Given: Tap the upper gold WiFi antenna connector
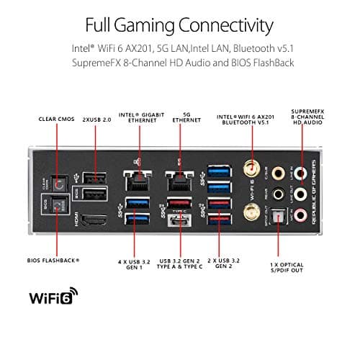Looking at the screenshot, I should coord(253,170).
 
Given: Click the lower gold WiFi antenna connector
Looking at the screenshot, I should coord(253,210).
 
